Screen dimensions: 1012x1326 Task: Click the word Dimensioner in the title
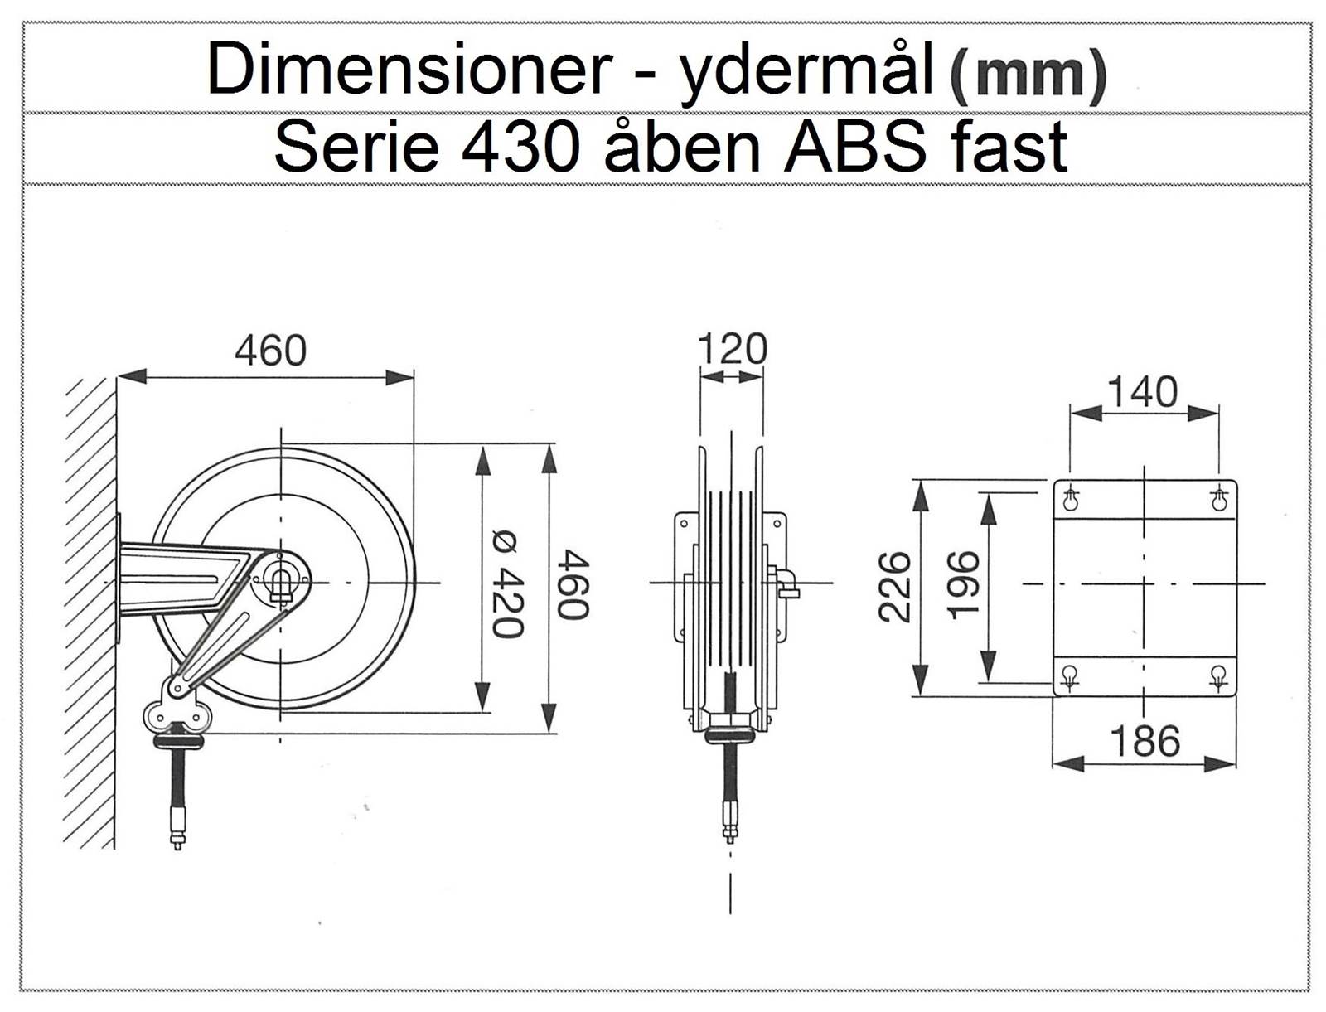point(407,71)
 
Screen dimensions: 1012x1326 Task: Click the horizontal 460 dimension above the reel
point(270,351)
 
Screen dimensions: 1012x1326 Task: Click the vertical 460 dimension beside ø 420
point(572,583)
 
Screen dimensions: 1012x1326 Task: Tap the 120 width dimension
point(732,349)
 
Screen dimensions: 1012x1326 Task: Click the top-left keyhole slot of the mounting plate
point(1071,500)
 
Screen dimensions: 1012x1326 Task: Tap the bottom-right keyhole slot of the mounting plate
point(1217,675)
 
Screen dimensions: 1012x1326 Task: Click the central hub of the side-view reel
point(282,582)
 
